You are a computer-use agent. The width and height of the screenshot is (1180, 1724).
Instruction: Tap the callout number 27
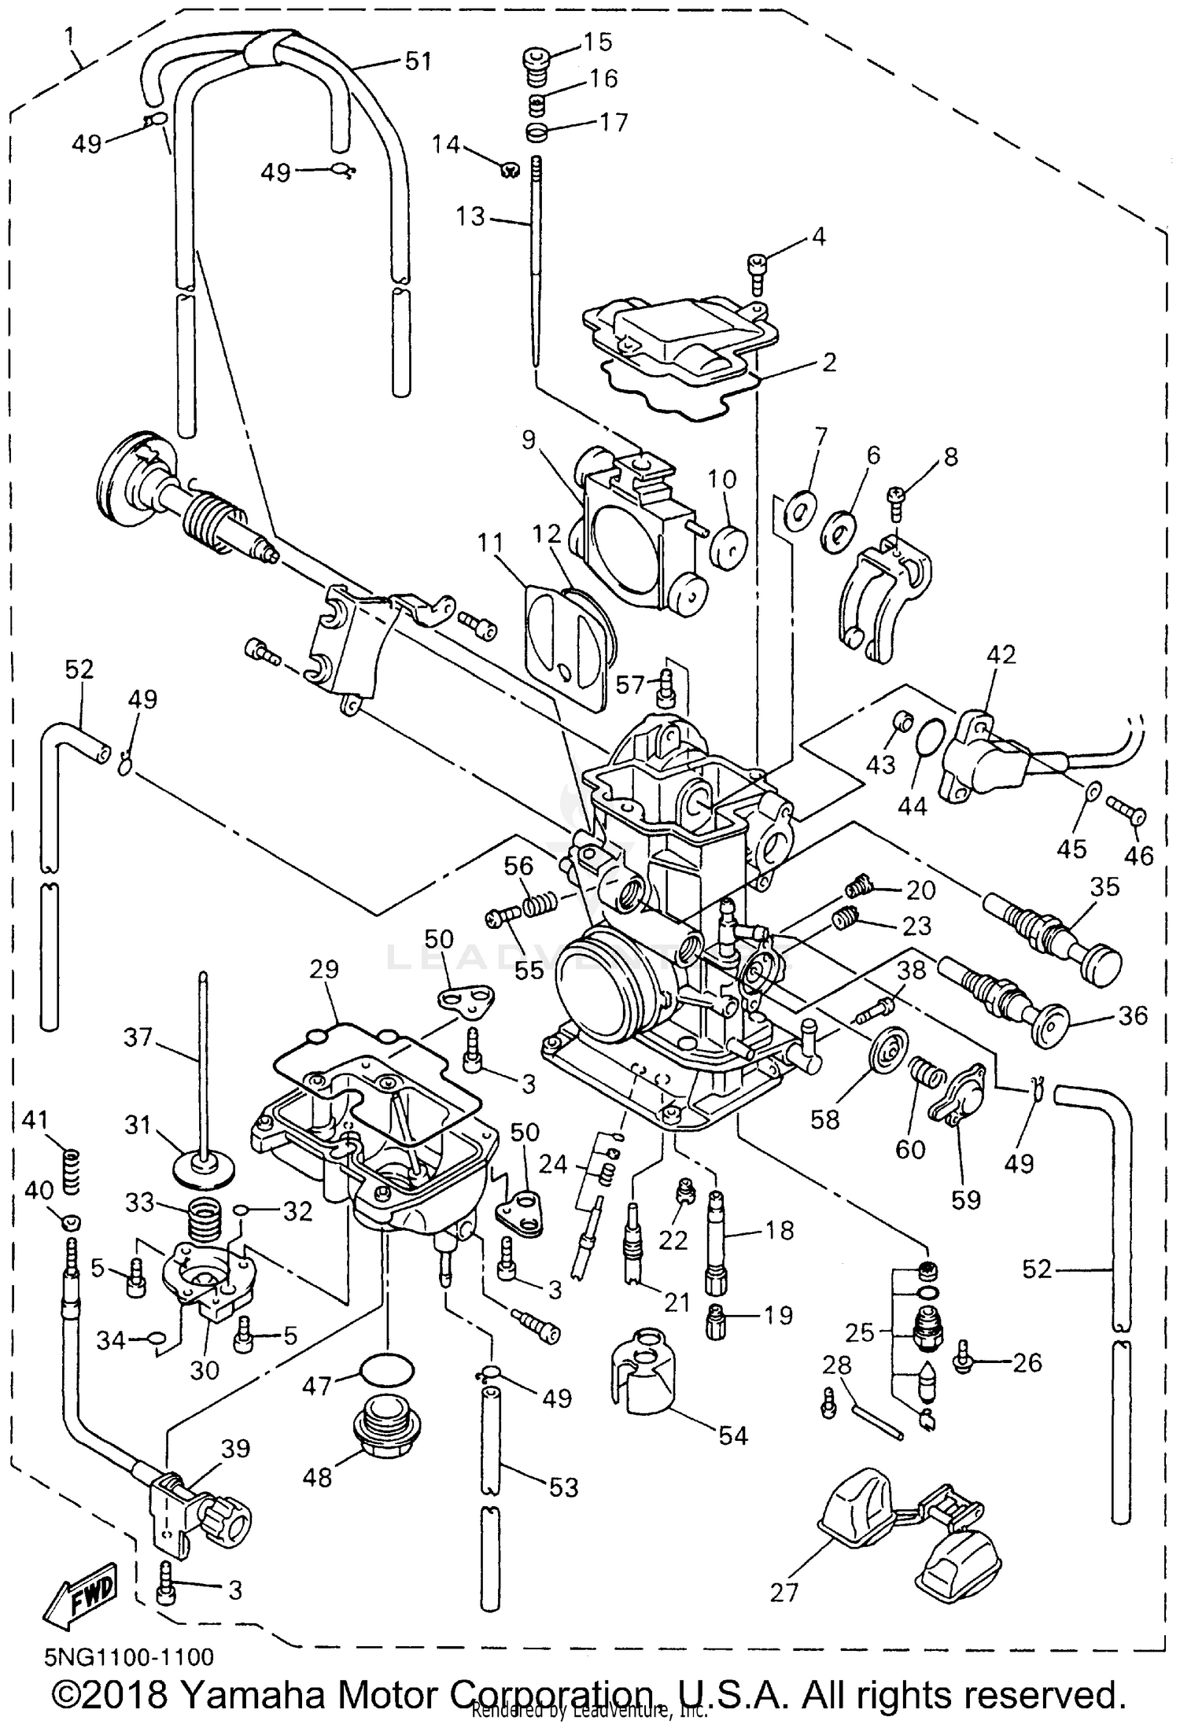[784, 1592]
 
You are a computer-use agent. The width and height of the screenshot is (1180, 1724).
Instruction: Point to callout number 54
[732, 1435]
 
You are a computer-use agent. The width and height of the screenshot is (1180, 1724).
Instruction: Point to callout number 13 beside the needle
[470, 216]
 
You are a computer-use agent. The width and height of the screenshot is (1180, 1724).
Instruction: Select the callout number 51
[418, 61]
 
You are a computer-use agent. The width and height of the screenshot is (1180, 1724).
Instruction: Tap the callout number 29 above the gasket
[323, 970]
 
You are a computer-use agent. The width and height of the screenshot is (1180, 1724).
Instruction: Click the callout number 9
[527, 440]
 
